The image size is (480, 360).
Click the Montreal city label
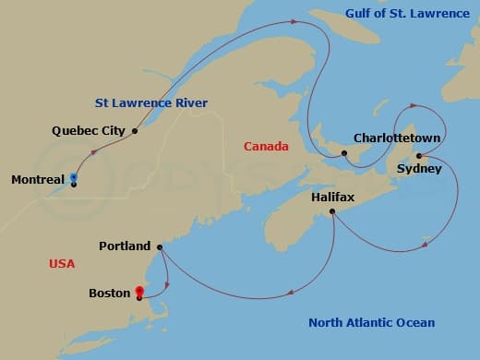[38, 179]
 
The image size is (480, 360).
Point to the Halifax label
[333, 197]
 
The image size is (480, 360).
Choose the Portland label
[125, 246]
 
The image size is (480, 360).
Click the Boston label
[109, 294]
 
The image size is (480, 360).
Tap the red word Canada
[266, 147]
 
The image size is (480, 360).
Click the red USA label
[62, 264]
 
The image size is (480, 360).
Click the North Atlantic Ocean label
[371, 322]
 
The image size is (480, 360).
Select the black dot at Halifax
[331, 212]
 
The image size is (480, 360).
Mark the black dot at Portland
[160, 246]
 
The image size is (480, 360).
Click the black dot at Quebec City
[135, 131]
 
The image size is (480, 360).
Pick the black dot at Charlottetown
[343, 153]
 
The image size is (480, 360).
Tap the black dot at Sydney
[418, 155]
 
